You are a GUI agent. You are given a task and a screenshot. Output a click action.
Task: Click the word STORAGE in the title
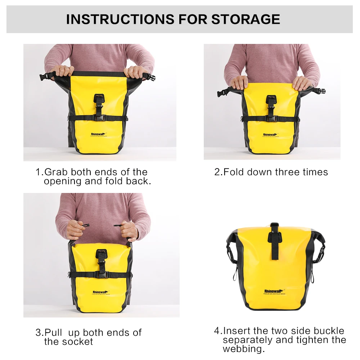coord(246,19)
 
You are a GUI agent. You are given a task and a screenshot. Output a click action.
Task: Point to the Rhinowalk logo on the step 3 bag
coord(99,292)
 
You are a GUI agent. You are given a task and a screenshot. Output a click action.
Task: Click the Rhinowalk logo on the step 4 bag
coord(275,291)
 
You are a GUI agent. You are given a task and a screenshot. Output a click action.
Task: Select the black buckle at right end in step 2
coord(320,92)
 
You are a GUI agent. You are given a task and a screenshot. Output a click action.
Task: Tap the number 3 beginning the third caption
coord(38,333)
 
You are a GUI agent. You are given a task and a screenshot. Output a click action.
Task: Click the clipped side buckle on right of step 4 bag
coord(320,248)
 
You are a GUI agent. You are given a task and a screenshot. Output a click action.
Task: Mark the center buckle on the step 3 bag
coord(101,274)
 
